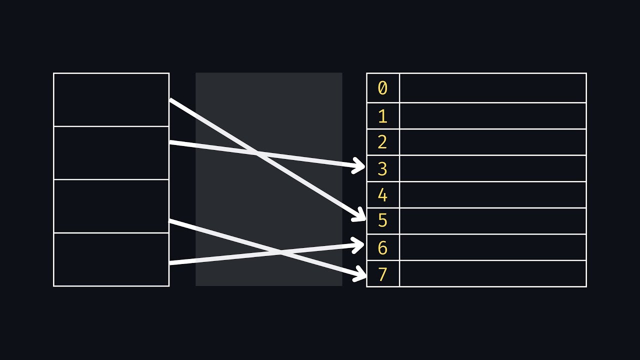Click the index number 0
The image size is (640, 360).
pos(382,88)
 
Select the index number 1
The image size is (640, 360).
pos(382,116)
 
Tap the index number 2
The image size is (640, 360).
pos(382,142)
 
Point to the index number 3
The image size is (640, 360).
pos(382,168)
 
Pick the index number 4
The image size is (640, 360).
pos(382,195)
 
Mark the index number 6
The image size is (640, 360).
pos(382,247)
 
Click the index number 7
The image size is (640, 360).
pos(382,274)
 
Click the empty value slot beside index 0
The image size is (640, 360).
pos(492,88)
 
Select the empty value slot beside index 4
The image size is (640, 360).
pos(492,195)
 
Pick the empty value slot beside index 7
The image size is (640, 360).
pos(492,273)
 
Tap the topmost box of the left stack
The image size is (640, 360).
pos(111,99)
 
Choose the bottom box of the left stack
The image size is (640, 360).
pos(111,259)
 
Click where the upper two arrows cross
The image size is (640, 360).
pos(256,153)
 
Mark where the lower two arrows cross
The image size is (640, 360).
pos(281,252)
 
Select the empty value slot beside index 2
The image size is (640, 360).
pos(492,142)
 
